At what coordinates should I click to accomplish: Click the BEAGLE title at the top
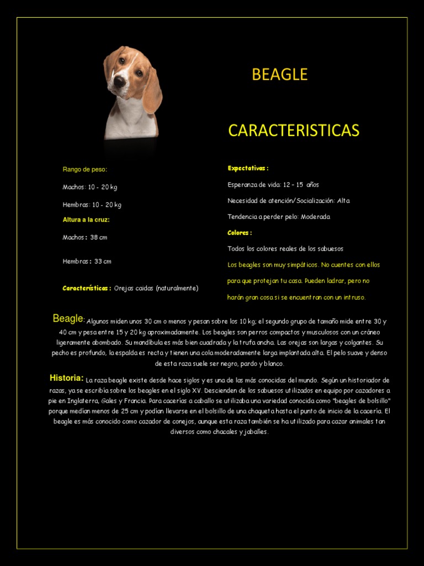(x=279, y=75)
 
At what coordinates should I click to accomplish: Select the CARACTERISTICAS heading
(x=294, y=130)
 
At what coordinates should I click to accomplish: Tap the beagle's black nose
(x=119, y=81)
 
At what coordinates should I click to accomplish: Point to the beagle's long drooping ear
(x=151, y=91)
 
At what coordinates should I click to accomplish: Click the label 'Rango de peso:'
(x=84, y=169)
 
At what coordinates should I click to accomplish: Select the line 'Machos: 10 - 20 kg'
(x=89, y=187)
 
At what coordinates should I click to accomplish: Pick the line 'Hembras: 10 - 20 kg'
(x=92, y=205)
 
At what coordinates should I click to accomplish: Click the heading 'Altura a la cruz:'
(x=86, y=219)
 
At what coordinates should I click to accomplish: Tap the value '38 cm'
(x=99, y=238)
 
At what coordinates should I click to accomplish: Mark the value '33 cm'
(x=103, y=261)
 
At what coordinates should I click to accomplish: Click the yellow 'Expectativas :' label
(x=248, y=168)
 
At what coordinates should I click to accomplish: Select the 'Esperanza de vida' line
(x=273, y=185)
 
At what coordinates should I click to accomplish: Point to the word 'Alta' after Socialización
(x=343, y=201)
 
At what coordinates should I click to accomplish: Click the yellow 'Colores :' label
(x=240, y=233)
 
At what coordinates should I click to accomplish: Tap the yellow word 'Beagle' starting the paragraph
(x=68, y=319)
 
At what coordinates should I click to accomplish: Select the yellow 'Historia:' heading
(x=66, y=378)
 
